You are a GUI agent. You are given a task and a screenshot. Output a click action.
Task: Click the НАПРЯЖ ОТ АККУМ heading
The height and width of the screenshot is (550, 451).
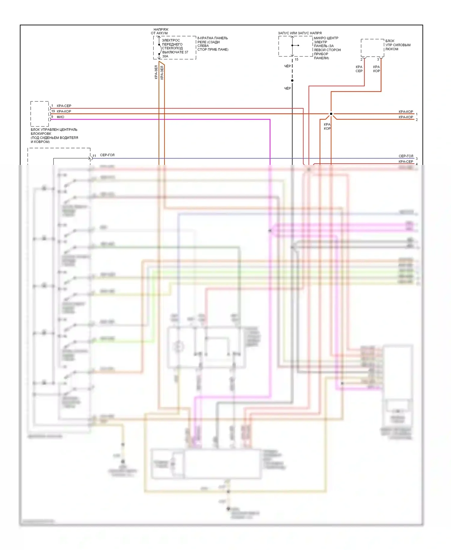click(x=160, y=31)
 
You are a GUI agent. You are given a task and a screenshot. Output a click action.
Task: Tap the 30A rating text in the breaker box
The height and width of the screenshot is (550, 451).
click(x=165, y=56)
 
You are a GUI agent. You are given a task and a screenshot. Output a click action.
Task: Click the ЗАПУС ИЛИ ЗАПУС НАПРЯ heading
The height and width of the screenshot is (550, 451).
click(x=299, y=33)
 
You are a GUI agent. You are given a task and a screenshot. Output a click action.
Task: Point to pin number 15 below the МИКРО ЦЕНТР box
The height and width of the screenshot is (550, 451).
click(x=296, y=60)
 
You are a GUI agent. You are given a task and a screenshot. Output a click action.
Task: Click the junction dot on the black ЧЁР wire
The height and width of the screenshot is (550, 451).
click(x=292, y=81)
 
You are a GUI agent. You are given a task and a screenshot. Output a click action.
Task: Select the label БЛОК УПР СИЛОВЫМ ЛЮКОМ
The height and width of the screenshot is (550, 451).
click(x=398, y=45)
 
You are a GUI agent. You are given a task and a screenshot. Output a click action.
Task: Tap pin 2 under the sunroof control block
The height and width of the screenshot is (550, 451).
click(x=361, y=60)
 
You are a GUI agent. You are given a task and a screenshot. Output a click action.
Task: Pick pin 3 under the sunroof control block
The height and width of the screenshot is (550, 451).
click(x=378, y=60)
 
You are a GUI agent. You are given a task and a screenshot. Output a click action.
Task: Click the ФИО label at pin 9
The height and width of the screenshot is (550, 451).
click(x=60, y=117)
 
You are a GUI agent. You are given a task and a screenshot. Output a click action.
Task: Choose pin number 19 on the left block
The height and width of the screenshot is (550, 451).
click(x=53, y=111)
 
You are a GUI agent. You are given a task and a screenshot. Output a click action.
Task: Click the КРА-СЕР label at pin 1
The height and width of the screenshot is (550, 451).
click(x=64, y=106)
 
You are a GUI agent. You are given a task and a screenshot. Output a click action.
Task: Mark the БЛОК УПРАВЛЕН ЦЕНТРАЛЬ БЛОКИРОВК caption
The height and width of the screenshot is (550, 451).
click(x=54, y=135)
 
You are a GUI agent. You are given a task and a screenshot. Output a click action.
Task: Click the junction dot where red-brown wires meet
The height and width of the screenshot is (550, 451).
click(x=331, y=114)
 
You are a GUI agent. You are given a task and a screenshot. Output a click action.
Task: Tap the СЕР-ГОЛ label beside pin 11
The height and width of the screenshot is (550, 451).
click(x=107, y=155)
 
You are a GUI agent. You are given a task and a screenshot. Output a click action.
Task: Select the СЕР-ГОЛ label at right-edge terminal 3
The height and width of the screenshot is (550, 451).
click(x=406, y=156)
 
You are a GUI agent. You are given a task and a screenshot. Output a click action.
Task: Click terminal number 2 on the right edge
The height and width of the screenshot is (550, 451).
click(x=417, y=120)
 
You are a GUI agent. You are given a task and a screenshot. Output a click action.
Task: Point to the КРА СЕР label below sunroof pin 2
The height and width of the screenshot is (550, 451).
click(x=359, y=69)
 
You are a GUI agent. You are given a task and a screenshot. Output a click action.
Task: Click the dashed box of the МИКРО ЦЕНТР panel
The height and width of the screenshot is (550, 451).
click(x=295, y=46)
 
